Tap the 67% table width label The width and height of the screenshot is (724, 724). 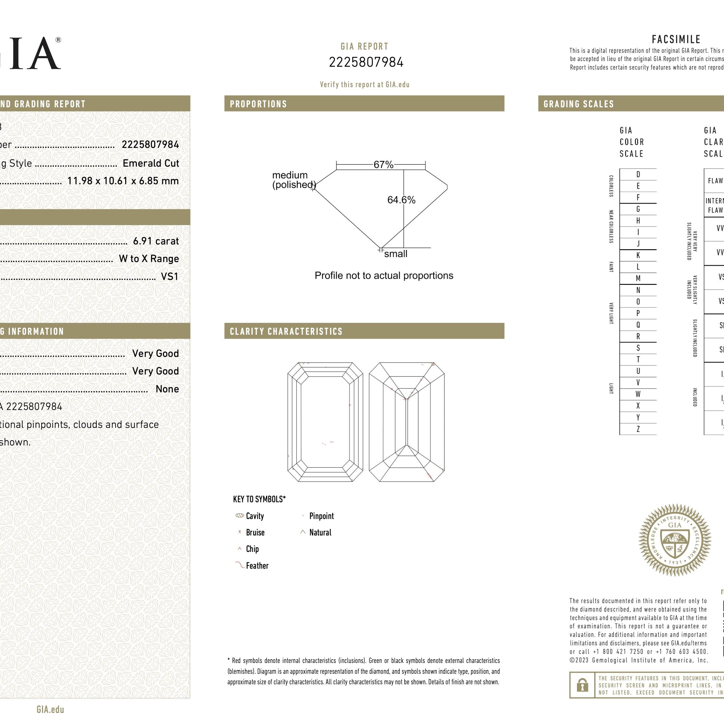(x=383, y=164)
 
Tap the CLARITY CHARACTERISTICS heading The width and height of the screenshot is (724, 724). (x=286, y=331)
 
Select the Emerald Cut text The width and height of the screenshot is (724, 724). (x=151, y=163)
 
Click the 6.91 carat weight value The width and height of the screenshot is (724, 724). (x=156, y=241)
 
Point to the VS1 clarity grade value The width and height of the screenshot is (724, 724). (x=170, y=277)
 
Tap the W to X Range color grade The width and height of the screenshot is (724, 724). (x=148, y=259)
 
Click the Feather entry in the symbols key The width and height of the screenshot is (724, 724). (x=257, y=566)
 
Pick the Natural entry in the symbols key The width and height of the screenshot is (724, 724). (x=320, y=533)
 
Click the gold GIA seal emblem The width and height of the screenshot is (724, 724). (x=675, y=540)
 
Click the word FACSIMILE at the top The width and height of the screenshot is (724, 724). (x=676, y=39)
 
